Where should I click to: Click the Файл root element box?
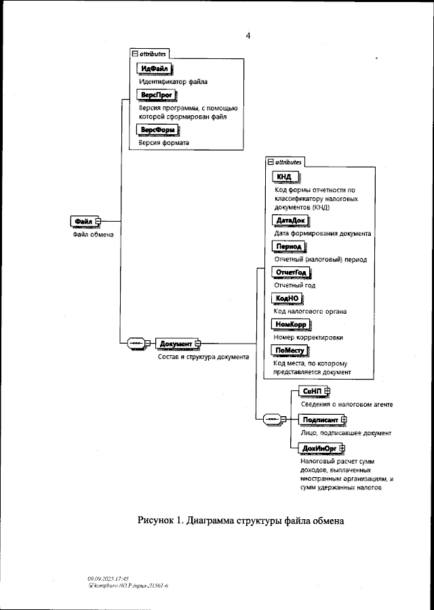coord(83,222)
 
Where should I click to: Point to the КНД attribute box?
coord(284,177)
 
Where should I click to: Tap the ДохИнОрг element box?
coord(318,448)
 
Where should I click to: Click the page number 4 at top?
coord(248,36)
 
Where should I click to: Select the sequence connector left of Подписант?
coord(271,420)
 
